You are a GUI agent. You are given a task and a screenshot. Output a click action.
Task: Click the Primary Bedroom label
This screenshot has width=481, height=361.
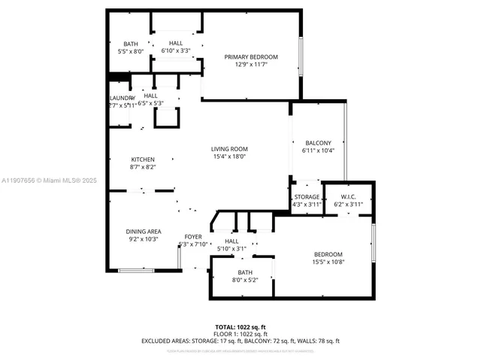tap(251, 57)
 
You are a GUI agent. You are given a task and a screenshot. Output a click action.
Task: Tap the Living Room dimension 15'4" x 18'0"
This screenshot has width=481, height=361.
tap(229, 156)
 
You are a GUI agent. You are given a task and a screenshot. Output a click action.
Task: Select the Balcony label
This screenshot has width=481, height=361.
tap(318, 143)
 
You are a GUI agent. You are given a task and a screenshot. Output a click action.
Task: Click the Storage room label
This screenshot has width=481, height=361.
tap(306, 196)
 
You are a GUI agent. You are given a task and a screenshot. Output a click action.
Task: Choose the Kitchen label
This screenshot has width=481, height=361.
tap(143, 159)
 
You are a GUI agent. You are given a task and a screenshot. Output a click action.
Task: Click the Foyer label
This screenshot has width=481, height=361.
tap(193, 236)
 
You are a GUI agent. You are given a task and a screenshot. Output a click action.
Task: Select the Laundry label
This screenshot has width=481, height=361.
tap(121, 98)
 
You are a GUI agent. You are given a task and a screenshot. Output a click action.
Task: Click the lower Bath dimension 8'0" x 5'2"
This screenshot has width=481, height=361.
tap(245, 280)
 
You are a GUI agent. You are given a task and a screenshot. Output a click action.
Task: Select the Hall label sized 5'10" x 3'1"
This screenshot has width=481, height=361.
tap(231, 241)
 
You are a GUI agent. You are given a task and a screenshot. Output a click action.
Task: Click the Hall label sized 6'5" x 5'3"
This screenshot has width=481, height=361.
tap(150, 96)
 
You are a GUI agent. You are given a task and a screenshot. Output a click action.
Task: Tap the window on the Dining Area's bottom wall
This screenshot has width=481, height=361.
tap(136, 269)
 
